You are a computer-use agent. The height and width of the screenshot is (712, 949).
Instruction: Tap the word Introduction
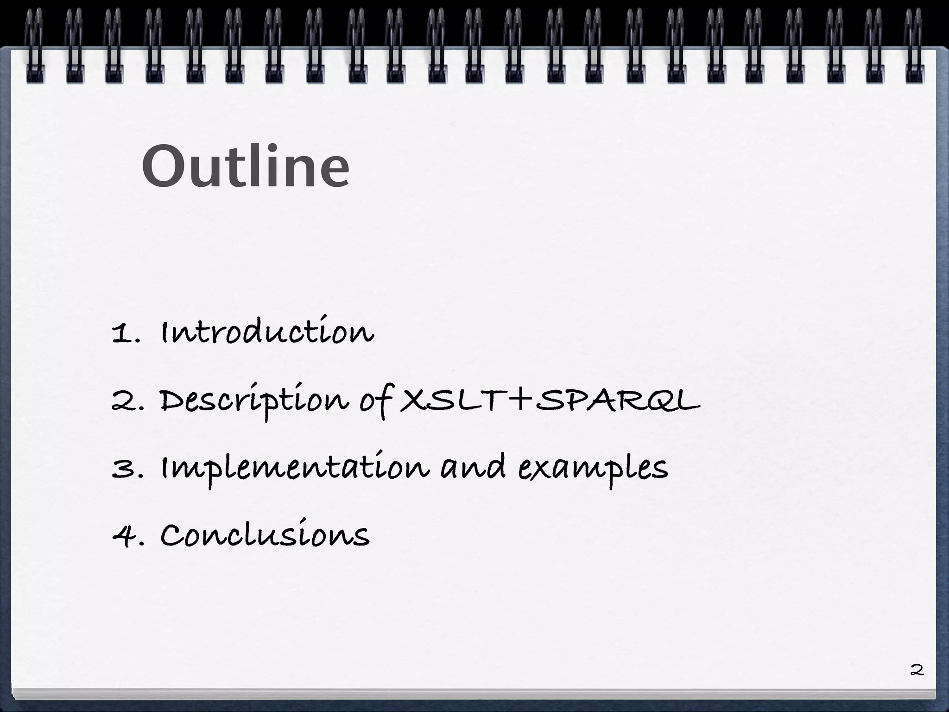[x=267, y=332]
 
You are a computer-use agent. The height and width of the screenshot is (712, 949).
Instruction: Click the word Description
[x=254, y=401]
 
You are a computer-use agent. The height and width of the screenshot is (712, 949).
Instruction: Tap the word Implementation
[x=295, y=468]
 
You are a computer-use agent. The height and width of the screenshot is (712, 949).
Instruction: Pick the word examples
[x=593, y=468]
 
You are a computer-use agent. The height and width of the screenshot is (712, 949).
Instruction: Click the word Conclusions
[x=265, y=535]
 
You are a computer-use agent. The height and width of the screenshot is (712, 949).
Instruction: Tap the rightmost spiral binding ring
[x=914, y=46]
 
